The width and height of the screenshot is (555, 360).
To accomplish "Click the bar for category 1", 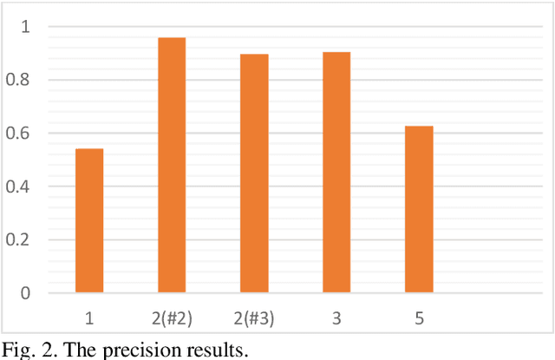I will click(89, 220).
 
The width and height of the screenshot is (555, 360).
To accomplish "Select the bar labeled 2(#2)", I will click(172, 165).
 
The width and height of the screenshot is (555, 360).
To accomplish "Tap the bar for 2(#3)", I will click(254, 173).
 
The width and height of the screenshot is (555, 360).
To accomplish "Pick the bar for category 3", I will click(336, 172).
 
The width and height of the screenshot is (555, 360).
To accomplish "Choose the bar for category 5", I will click(419, 209).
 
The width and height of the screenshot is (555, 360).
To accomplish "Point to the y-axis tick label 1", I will click(26, 27).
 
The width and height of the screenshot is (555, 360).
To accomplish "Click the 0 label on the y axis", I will click(26, 293).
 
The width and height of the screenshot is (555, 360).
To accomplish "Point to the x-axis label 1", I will click(89, 317).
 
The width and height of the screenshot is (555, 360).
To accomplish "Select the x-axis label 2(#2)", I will click(172, 317).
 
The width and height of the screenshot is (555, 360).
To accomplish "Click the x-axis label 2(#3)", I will click(254, 317).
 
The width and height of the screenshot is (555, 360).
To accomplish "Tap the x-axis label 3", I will click(336, 317).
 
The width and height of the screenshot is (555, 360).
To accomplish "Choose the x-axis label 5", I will click(419, 317).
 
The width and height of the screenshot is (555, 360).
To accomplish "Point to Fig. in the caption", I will click(16, 350).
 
